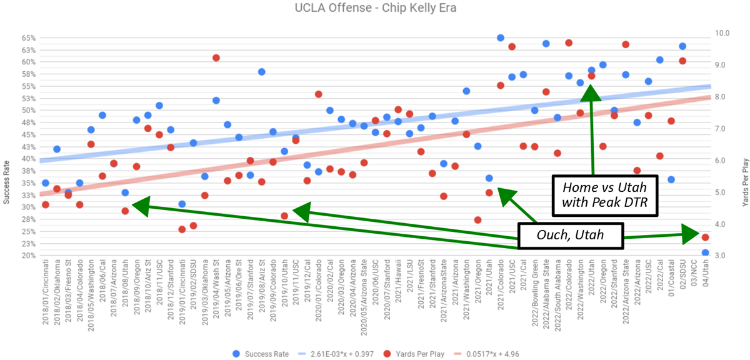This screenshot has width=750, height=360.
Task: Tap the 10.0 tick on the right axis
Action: click(x=723, y=33)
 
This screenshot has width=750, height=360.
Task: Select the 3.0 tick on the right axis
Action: click(x=723, y=256)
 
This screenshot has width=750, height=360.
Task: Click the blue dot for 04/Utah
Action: click(x=705, y=253)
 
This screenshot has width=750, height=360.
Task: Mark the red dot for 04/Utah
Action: click(x=705, y=237)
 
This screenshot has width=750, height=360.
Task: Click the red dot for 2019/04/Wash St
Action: click(x=216, y=57)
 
